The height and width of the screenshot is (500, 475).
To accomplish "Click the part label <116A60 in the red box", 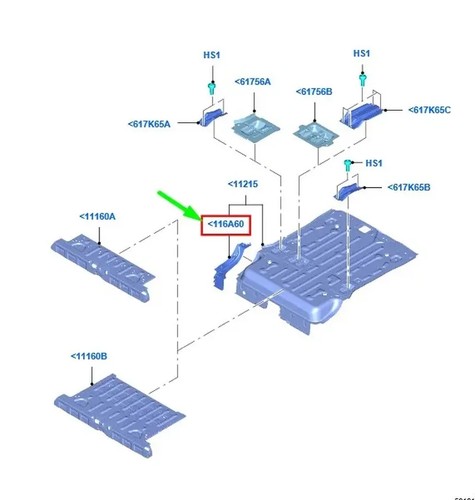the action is (226, 224).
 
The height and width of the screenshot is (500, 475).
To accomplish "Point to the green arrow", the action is (179, 205).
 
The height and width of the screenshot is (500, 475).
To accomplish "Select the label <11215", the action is (243, 184).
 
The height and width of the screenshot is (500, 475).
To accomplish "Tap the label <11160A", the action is (97, 217).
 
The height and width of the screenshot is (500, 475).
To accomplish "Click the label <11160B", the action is (89, 356).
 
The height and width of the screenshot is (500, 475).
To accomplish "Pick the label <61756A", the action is (253, 82).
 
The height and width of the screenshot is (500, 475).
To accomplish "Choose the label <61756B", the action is (314, 92).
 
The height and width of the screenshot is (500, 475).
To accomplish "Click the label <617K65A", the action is (149, 124).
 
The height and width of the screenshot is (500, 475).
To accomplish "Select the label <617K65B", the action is (409, 187).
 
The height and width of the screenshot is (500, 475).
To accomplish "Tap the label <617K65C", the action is (429, 110).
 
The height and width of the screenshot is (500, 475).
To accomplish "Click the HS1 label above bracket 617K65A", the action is (212, 55).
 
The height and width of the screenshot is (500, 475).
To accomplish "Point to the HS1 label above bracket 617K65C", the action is (362, 53).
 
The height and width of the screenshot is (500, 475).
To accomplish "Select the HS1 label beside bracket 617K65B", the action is (374, 163).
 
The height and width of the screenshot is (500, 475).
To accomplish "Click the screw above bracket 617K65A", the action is (212, 88).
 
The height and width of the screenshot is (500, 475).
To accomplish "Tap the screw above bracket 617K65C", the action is (362, 79).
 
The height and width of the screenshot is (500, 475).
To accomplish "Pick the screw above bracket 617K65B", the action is (348, 165).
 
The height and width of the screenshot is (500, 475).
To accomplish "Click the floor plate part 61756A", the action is (255, 128).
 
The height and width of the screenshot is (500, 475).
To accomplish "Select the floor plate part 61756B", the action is (315, 134).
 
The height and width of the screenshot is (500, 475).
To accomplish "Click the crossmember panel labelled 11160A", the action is (103, 267).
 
